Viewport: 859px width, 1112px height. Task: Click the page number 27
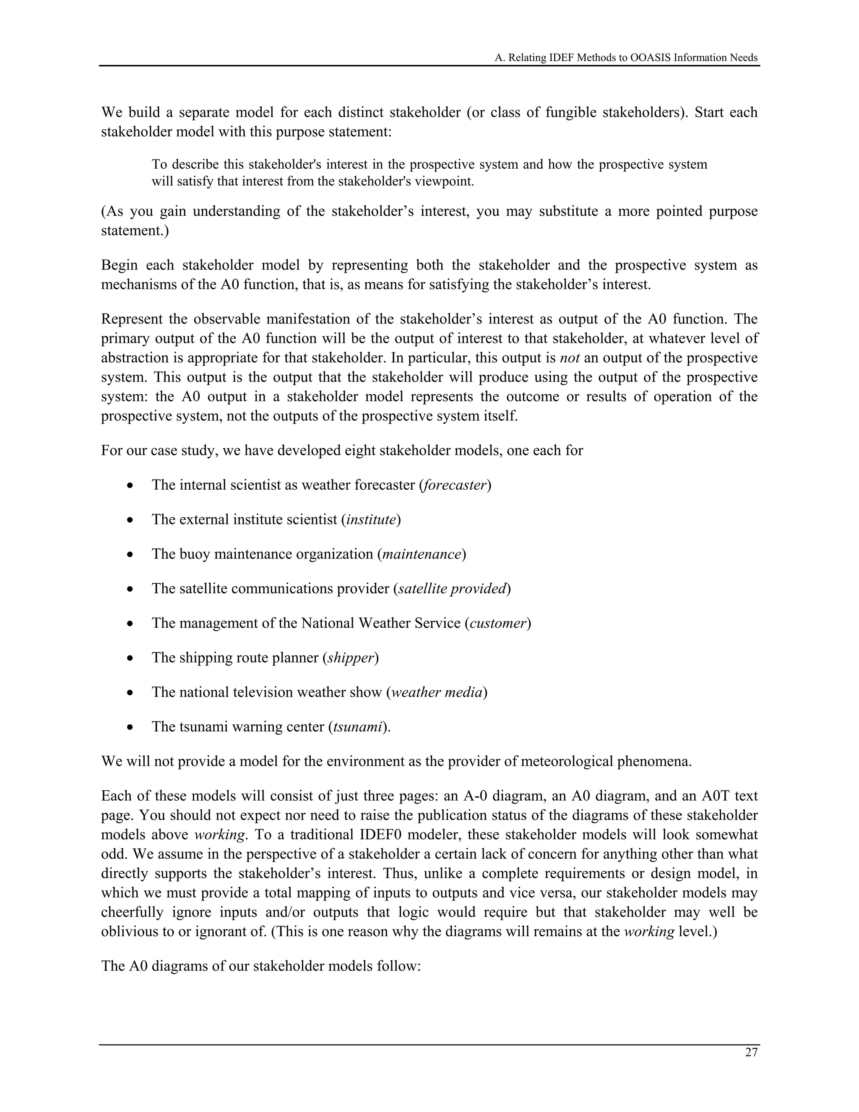[x=751, y=1053]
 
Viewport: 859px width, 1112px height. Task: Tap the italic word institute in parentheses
[x=371, y=520]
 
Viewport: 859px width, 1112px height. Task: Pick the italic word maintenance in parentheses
[x=422, y=554]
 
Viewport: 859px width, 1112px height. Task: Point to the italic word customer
[x=498, y=624]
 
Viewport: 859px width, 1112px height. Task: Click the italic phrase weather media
[x=437, y=692]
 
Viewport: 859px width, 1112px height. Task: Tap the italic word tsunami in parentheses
[x=358, y=727]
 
